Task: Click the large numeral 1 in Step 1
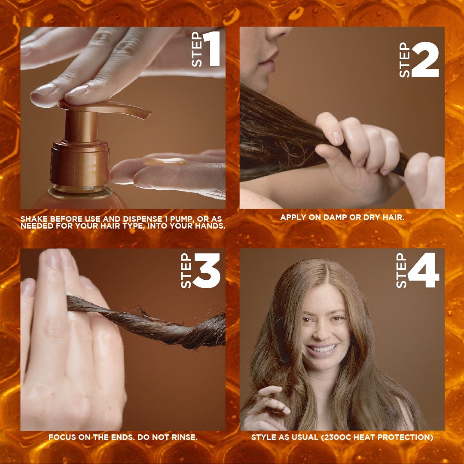pos(212,50)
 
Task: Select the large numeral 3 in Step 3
pos(207,271)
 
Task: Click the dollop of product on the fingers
pos(165,162)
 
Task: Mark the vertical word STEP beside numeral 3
pos(186,271)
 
